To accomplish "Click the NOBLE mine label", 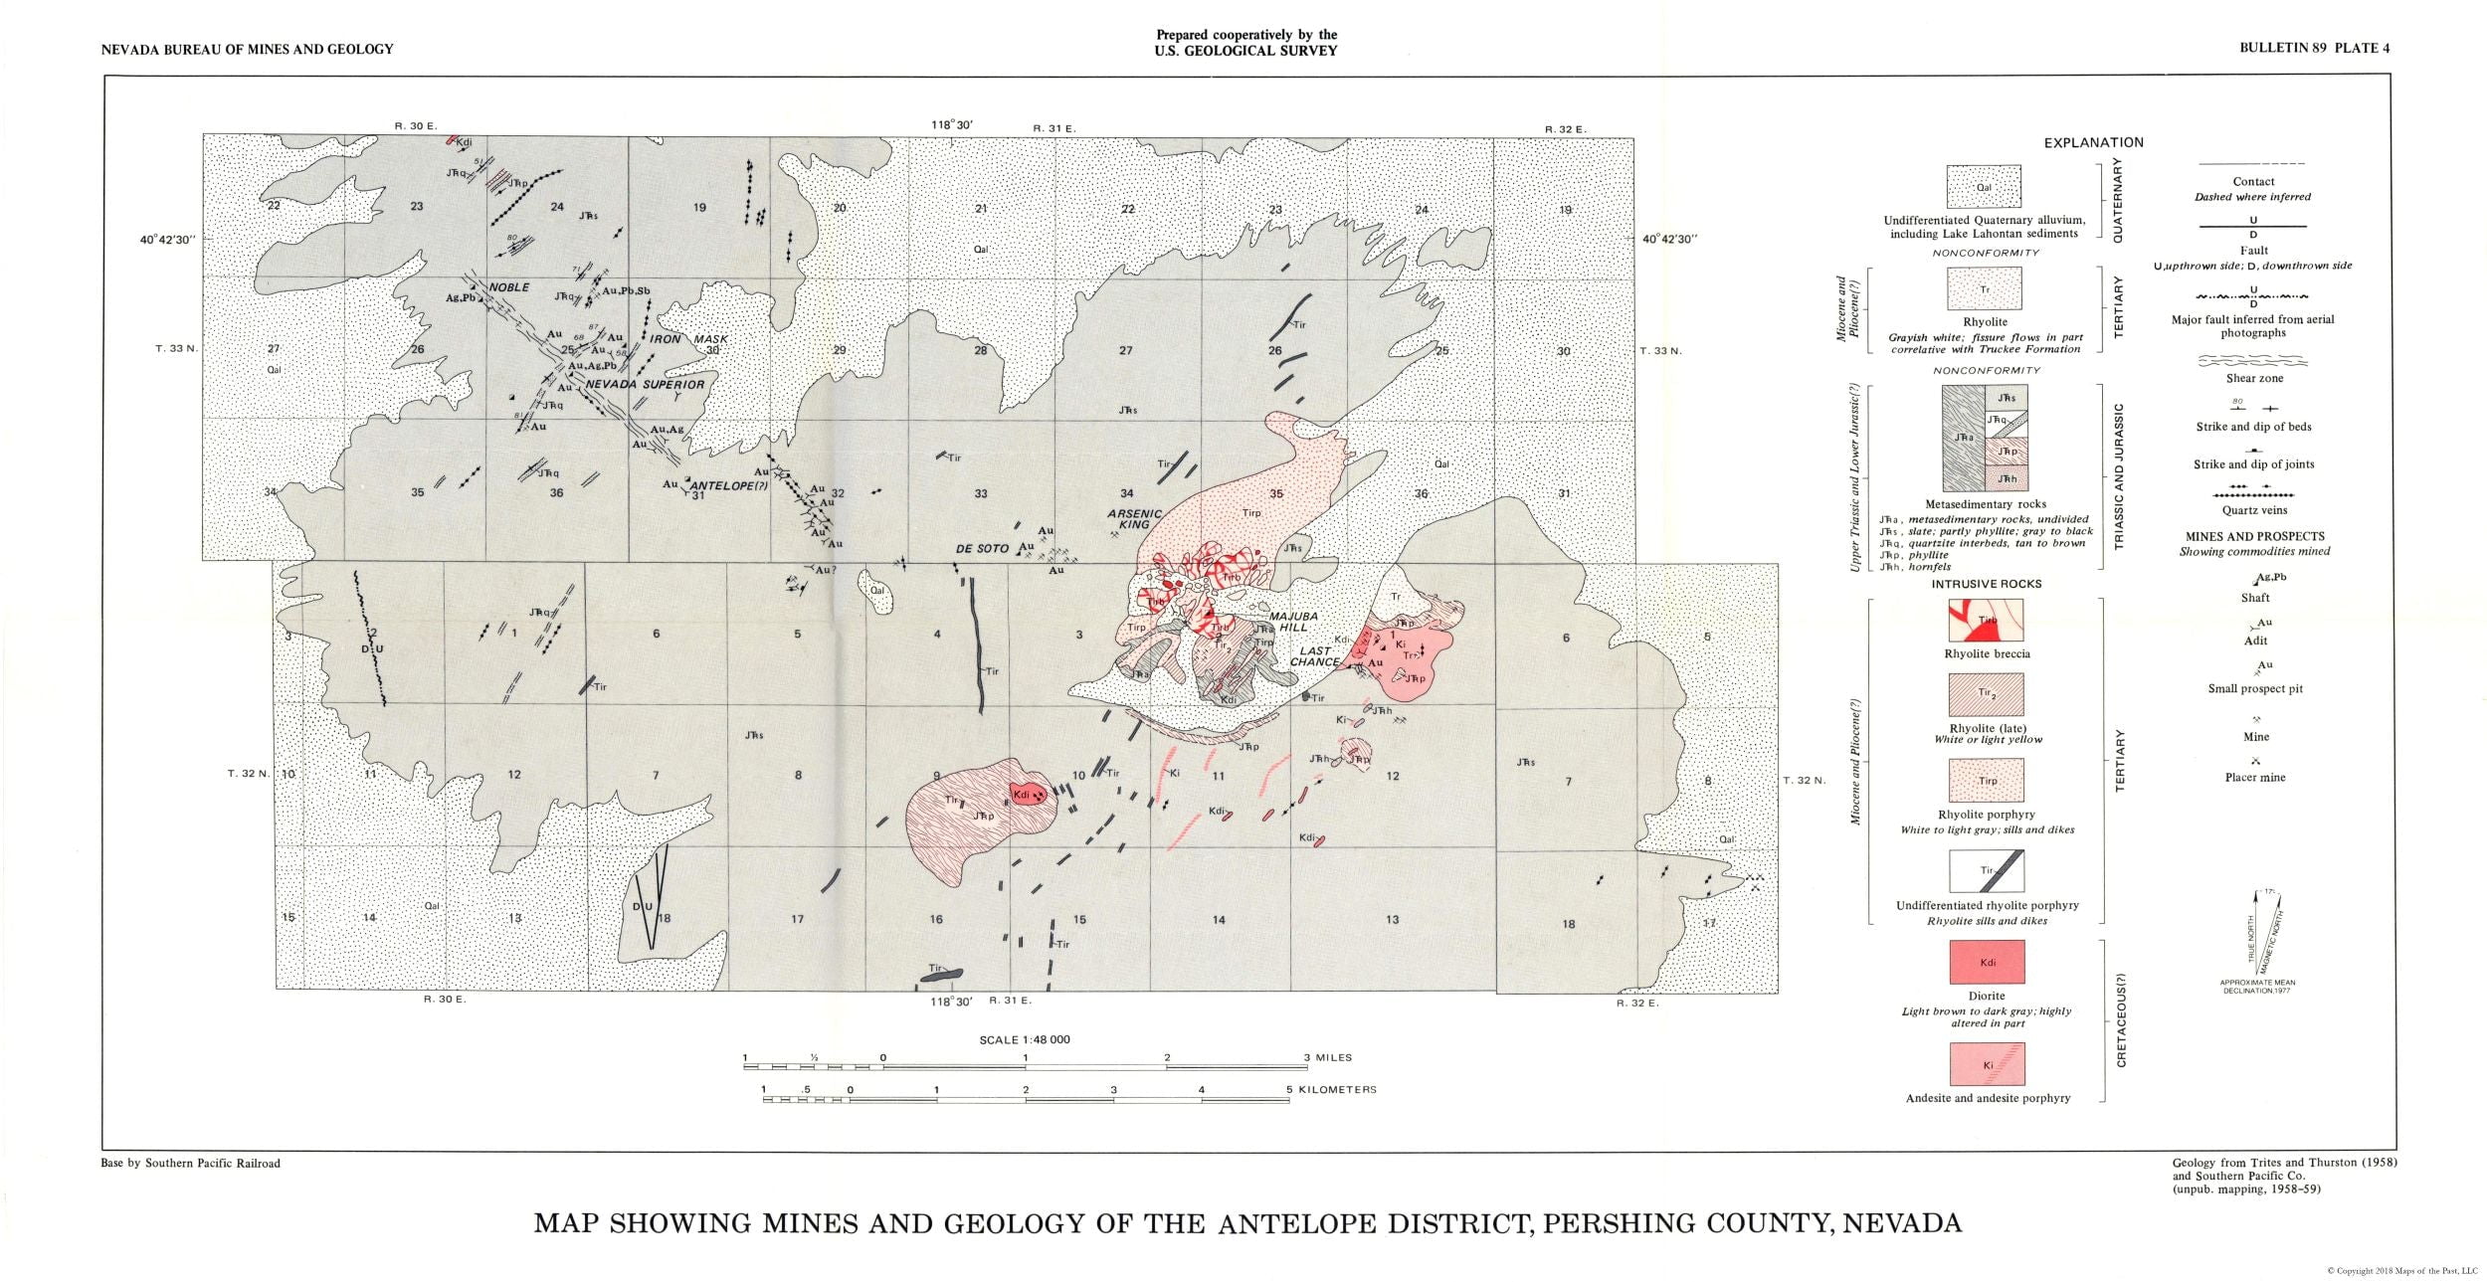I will (x=508, y=287).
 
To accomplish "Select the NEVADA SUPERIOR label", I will (x=645, y=384).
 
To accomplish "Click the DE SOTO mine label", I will (x=982, y=548).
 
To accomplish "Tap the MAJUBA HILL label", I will (x=1293, y=623).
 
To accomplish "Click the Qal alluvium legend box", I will (x=1984, y=186).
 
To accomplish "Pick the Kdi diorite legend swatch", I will (x=1987, y=962).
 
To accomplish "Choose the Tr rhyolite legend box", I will (x=1985, y=290).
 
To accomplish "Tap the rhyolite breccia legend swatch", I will (x=1986, y=621).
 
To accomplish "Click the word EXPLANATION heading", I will (x=2093, y=142).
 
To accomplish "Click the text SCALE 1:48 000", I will (x=1024, y=1039).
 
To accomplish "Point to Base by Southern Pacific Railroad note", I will (x=191, y=1163).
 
